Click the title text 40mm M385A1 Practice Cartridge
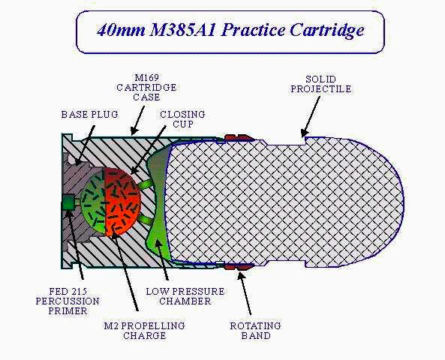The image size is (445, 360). (230, 31)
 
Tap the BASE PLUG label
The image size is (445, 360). (90, 114)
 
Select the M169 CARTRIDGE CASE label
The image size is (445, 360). (147, 88)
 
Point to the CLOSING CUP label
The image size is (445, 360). (182, 119)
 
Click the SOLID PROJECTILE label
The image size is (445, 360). (321, 84)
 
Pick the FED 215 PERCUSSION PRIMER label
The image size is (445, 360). (68, 301)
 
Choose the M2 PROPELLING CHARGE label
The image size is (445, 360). (144, 331)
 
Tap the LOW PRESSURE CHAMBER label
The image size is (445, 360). (185, 296)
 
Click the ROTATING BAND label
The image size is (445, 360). (256, 331)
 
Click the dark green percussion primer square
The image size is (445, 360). (68, 202)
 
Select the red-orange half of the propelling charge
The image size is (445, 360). (122, 202)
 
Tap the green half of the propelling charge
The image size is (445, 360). (92, 202)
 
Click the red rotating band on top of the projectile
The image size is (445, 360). (240, 137)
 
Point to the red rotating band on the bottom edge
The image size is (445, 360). (239, 267)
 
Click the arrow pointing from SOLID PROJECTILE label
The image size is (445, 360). (311, 117)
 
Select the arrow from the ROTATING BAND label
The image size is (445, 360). (245, 292)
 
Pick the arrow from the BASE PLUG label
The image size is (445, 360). (85, 145)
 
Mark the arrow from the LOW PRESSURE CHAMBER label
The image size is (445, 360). (161, 259)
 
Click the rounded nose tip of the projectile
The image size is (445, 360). (403, 202)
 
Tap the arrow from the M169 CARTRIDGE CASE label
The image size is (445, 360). (138, 120)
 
